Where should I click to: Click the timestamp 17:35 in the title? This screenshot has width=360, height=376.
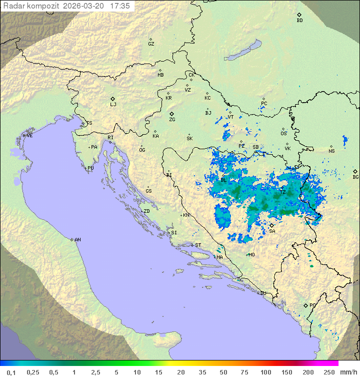point(119,6)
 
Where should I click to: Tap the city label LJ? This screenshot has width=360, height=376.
point(113,104)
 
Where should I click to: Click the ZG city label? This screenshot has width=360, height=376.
point(172,120)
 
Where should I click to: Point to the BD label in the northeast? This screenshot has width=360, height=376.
point(299,21)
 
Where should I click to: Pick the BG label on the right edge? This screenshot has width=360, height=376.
point(355,177)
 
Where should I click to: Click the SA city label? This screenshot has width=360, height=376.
point(272,231)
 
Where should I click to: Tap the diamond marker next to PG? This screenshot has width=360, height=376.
point(306,305)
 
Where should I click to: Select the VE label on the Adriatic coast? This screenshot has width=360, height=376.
point(29,136)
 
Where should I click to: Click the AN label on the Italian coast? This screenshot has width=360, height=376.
point(77,240)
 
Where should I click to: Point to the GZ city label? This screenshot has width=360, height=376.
point(151,44)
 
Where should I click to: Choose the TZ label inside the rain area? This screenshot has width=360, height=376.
point(282,192)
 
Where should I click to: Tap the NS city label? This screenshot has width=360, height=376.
point(331,151)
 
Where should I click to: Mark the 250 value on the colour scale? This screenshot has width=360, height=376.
point(329,372)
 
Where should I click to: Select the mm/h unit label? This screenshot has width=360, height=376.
point(348,372)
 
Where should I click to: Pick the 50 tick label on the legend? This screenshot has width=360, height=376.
point(223,372)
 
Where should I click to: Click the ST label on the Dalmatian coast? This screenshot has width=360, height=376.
point(198,245)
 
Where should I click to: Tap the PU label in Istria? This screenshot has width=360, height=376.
point(90,168)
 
